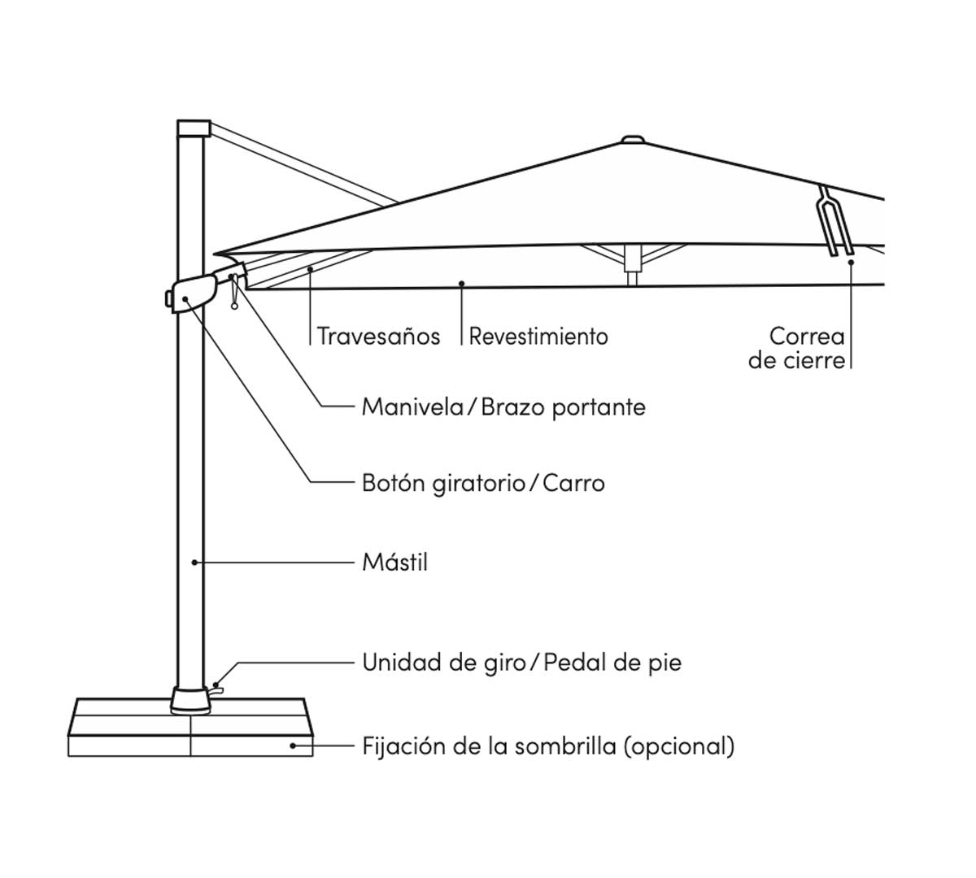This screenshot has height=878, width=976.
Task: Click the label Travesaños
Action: [378, 336]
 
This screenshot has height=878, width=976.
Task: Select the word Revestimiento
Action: [538, 336]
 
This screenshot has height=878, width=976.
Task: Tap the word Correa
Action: [807, 336]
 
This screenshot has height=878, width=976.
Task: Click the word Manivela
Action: [412, 406]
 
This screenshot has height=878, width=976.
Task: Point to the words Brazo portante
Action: [563, 406]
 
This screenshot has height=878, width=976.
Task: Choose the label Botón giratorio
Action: [443, 484]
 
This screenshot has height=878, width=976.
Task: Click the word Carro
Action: [573, 484]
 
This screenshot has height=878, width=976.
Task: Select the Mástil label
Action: [394, 562]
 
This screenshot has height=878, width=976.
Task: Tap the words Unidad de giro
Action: [443, 663]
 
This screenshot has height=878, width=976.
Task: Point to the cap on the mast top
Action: [194, 128]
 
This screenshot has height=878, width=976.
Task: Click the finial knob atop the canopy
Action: [632, 140]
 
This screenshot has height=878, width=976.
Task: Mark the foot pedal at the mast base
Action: [216, 689]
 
